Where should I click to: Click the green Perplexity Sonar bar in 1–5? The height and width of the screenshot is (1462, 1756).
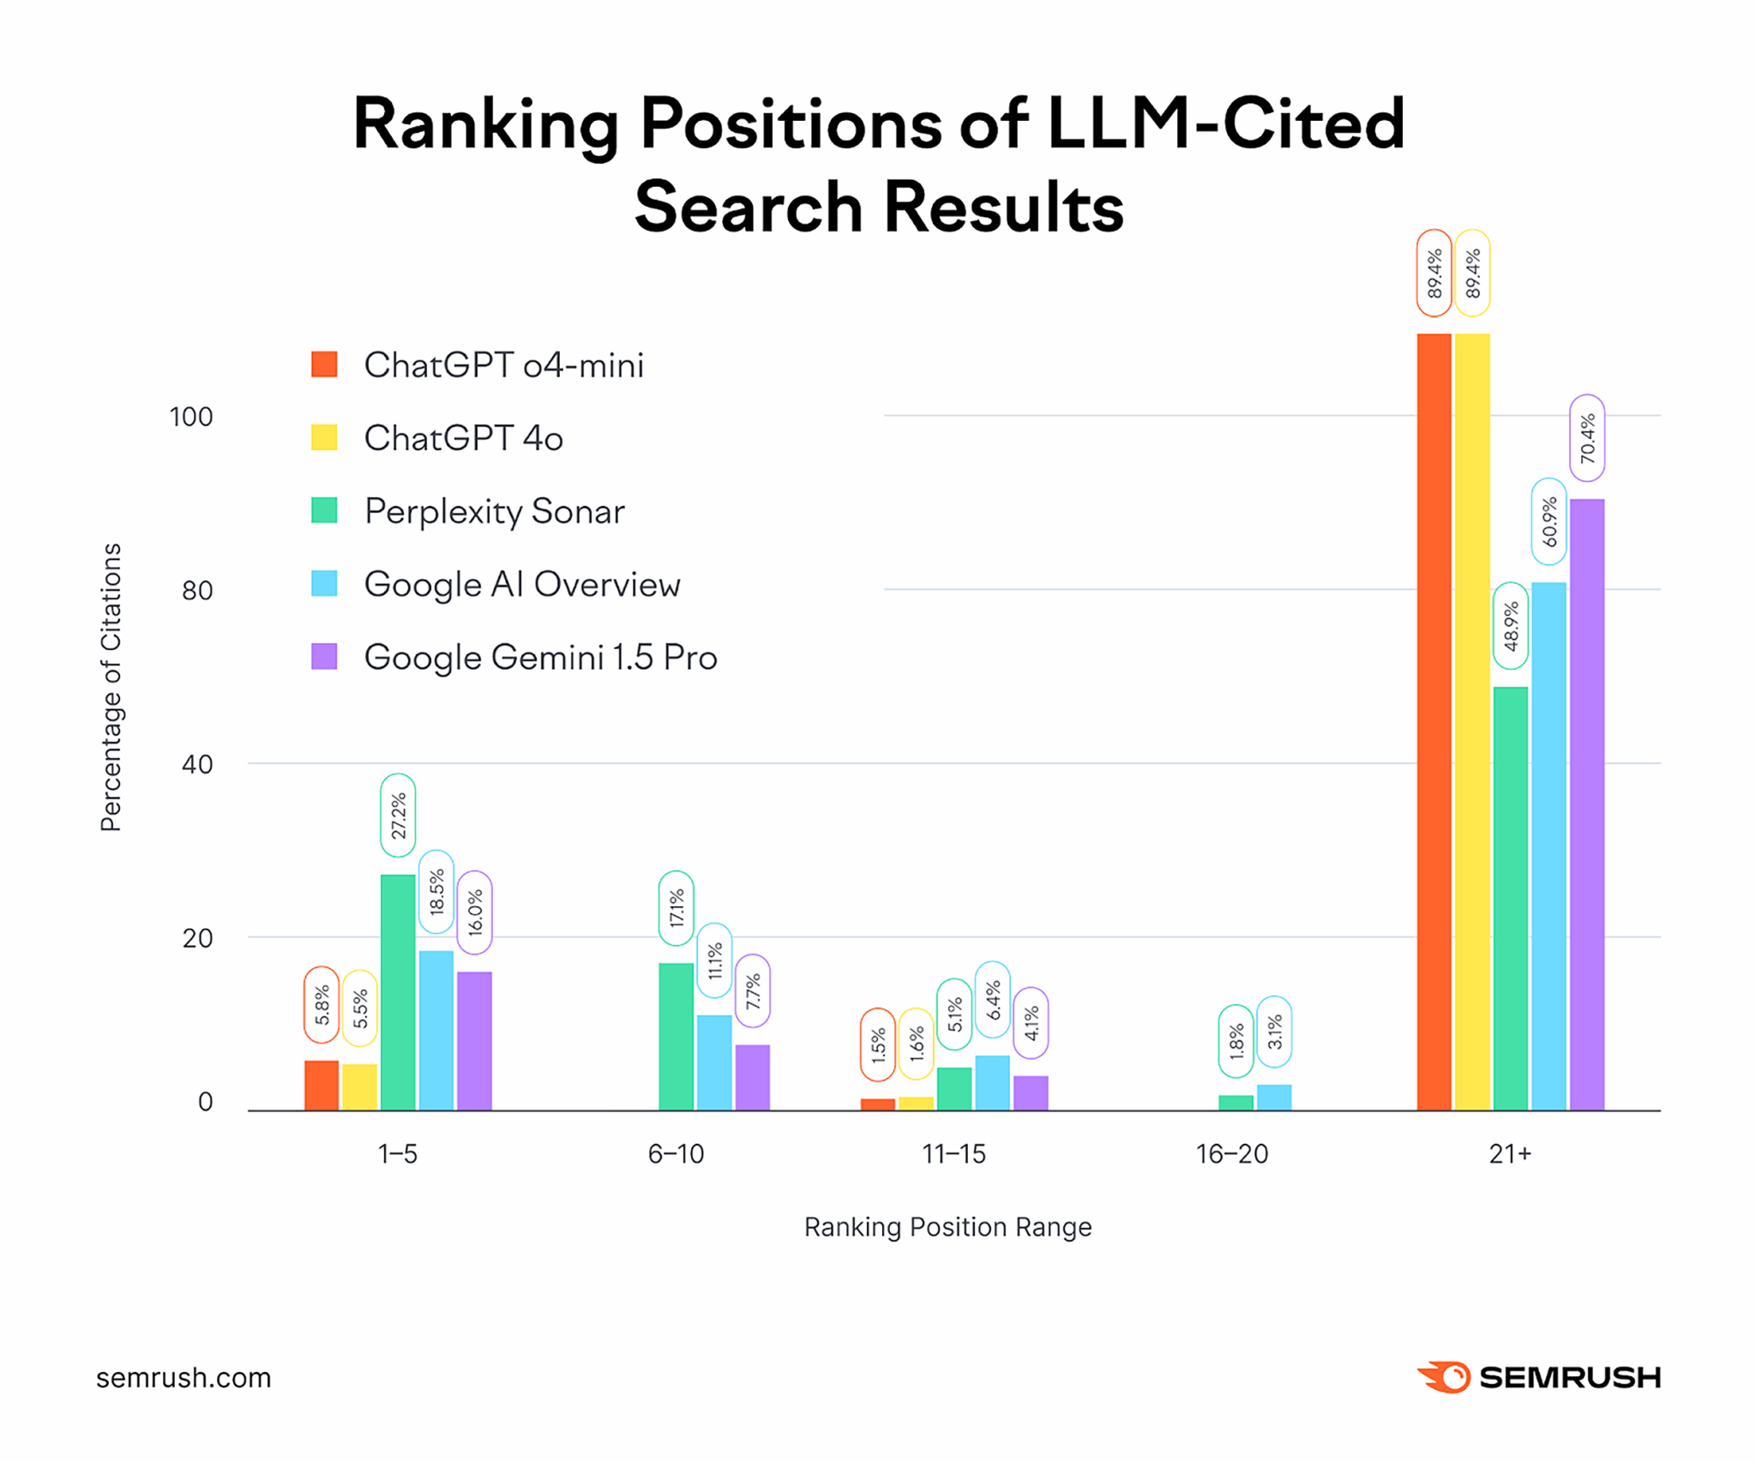398,992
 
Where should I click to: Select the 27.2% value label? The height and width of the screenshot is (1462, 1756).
398,815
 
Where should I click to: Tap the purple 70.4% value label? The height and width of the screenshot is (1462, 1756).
1587,437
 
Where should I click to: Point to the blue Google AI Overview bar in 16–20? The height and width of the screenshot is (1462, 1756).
1274,1098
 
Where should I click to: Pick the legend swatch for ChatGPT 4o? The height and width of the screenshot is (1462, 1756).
324,437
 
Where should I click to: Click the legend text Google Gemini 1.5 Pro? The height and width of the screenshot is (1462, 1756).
540,658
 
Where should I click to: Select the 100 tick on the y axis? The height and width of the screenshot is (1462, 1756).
190,417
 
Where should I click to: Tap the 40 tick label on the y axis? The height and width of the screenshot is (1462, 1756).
197,764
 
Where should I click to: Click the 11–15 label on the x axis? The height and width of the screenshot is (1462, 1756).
953,1154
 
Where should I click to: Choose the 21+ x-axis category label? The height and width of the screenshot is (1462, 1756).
1510,1154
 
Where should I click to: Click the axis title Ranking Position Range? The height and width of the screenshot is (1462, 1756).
947,1227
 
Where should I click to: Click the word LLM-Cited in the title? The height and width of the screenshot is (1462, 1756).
1225,124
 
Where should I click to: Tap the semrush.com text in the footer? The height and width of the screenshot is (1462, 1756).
183,1378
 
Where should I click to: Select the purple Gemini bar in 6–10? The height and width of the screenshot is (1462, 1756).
753,1077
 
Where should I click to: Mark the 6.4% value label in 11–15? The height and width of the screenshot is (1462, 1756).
993,1000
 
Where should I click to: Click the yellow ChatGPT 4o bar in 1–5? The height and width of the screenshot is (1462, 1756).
360,1086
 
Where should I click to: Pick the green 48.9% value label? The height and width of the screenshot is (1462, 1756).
1511,626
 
